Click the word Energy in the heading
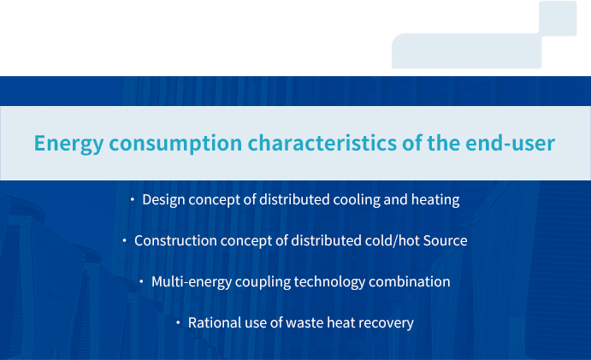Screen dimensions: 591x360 [68, 144]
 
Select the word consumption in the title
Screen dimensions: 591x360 [175, 144]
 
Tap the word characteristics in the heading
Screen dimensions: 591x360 [322, 143]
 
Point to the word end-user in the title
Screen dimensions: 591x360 [510, 143]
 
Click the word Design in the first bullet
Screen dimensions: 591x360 [163, 200]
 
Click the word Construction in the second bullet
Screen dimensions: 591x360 [175, 240]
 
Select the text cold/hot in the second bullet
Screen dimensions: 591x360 [387, 240]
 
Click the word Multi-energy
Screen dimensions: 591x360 [192, 282]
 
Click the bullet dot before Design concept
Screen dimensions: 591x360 [132, 199]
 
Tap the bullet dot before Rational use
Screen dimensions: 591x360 [178, 322]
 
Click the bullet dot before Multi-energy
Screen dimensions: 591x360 [141, 281]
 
